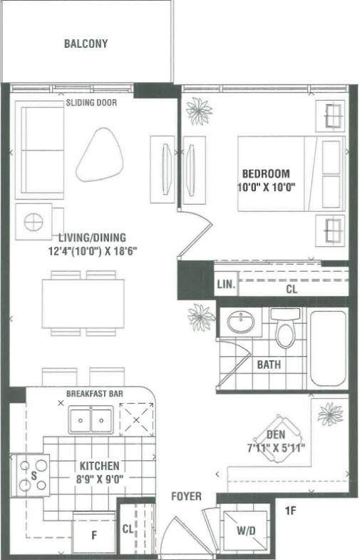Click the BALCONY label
(86, 44)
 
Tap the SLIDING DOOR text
(91, 103)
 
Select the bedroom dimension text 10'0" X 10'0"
(267, 187)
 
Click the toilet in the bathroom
(285, 327)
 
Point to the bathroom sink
(241, 322)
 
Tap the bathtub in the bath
(328, 348)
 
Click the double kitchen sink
(91, 419)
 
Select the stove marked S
(31, 475)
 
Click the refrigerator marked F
(94, 533)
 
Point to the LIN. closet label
(226, 285)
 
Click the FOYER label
(186, 496)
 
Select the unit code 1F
(290, 511)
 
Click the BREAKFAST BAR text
(95, 394)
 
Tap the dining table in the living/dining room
(83, 304)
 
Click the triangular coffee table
(100, 154)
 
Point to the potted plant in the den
(330, 414)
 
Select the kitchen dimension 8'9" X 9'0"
(100, 479)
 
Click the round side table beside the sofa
(34, 222)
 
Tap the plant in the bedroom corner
(199, 111)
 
